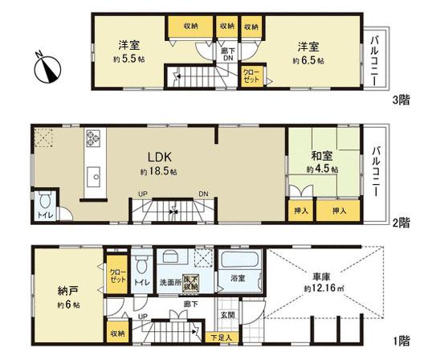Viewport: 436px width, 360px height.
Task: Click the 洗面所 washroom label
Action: tap(169, 282)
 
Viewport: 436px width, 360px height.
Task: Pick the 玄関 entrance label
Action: tap(227, 315)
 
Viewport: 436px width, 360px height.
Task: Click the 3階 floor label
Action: tap(401, 101)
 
